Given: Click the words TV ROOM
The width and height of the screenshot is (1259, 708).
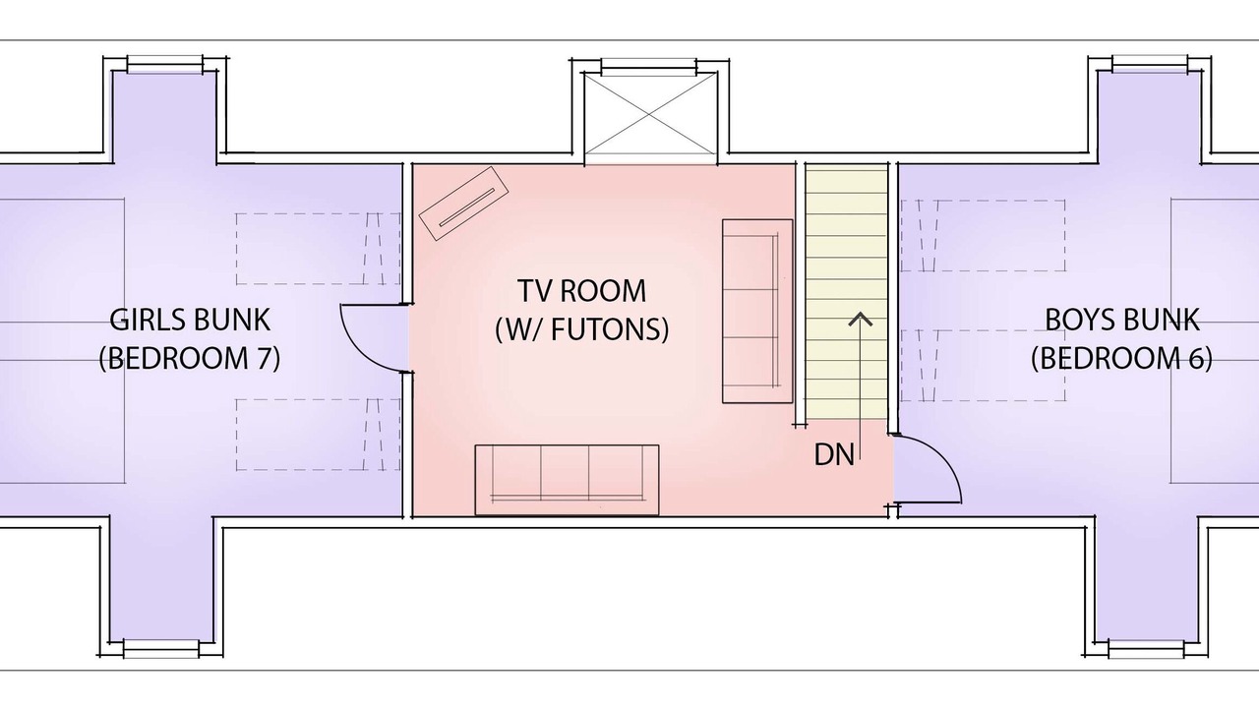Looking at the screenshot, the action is tap(581, 290).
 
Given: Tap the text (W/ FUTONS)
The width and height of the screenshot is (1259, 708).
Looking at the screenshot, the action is tap(581, 329).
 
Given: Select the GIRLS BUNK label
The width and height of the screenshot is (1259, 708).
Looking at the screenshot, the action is tap(190, 320).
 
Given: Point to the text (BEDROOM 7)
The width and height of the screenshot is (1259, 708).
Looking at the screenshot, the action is tap(190, 358).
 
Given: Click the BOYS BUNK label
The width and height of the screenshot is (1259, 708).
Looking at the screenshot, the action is tap(1122, 320).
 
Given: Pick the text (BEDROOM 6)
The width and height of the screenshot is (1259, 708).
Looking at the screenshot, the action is tap(1122, 358).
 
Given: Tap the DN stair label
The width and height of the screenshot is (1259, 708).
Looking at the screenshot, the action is tap(834, 454).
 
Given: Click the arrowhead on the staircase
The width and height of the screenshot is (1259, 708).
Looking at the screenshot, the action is tap(860, 320).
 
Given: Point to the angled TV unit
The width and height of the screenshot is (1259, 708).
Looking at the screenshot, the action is tap(463, 204).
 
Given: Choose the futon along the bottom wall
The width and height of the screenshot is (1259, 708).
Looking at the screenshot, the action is tap(567, 480).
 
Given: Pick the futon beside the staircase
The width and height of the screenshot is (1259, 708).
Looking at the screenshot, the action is tap(757, 311).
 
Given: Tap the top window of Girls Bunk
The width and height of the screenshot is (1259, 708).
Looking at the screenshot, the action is tap(164, 64).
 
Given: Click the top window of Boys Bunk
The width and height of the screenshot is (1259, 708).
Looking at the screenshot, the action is tap(1150, 64).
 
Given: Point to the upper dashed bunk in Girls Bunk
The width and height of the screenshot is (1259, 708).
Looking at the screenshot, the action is tap(318, 249).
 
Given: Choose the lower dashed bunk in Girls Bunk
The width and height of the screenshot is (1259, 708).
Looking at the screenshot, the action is tap(318, 435).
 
